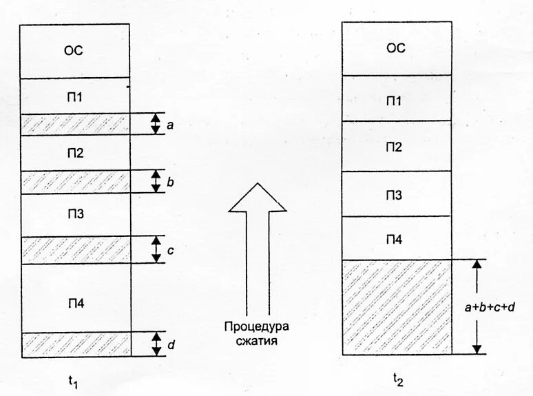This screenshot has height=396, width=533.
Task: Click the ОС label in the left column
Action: point(75,50)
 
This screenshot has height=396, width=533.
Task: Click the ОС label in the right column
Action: point(396,48)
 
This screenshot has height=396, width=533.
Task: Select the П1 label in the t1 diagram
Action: point(75,96)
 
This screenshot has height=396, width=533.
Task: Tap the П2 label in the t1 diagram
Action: point(75,153)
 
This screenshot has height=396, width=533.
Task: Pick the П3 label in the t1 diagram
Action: point(75,214)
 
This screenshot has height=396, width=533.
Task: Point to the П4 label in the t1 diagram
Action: point(75,304)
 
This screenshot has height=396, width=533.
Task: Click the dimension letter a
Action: point(169,125)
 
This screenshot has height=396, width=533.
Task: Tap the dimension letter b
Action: point(169,183)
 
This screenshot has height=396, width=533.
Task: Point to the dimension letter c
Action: point(169,251)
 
